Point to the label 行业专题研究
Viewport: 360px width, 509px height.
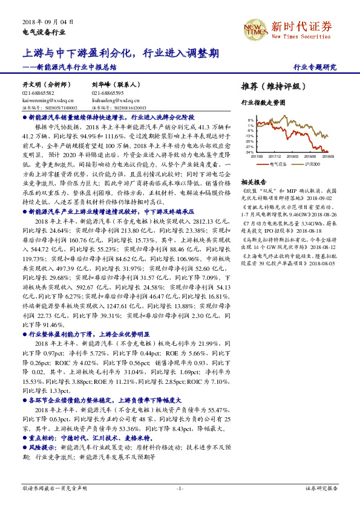click(315, 67)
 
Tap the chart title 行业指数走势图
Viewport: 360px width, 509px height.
click(263, 103)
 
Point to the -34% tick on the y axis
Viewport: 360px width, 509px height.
click(250, 152)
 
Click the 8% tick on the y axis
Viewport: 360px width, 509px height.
click(251, 120)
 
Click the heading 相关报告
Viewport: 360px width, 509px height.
click(253, 181)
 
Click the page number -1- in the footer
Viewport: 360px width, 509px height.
click(179, 487)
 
